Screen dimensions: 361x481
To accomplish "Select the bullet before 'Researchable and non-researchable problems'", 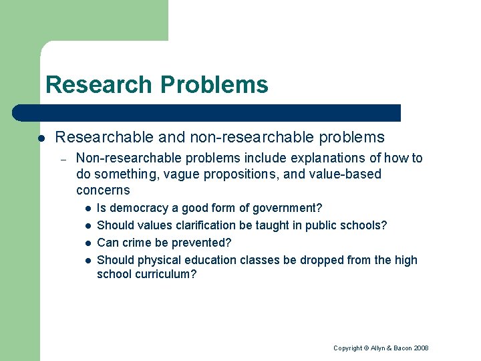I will pyautogui.click(x=41, y=138).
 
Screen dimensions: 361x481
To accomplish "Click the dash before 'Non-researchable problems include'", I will pyautogui.click(x=61, y=159).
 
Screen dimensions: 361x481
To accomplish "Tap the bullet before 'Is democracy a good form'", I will pyautogui.click(x=87, y=209).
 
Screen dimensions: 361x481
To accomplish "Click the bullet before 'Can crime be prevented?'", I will pyautogui.click(x=87, y=243).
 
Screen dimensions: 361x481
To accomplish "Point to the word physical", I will pyautogui.click(x=155, y=261).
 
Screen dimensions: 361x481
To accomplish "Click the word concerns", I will pyautogui.click(x=103, y=191).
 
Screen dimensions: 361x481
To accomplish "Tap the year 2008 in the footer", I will pyautogui.click(x=422, y=348).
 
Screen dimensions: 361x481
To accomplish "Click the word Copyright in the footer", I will pyautogui.click(x=347, y=348).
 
